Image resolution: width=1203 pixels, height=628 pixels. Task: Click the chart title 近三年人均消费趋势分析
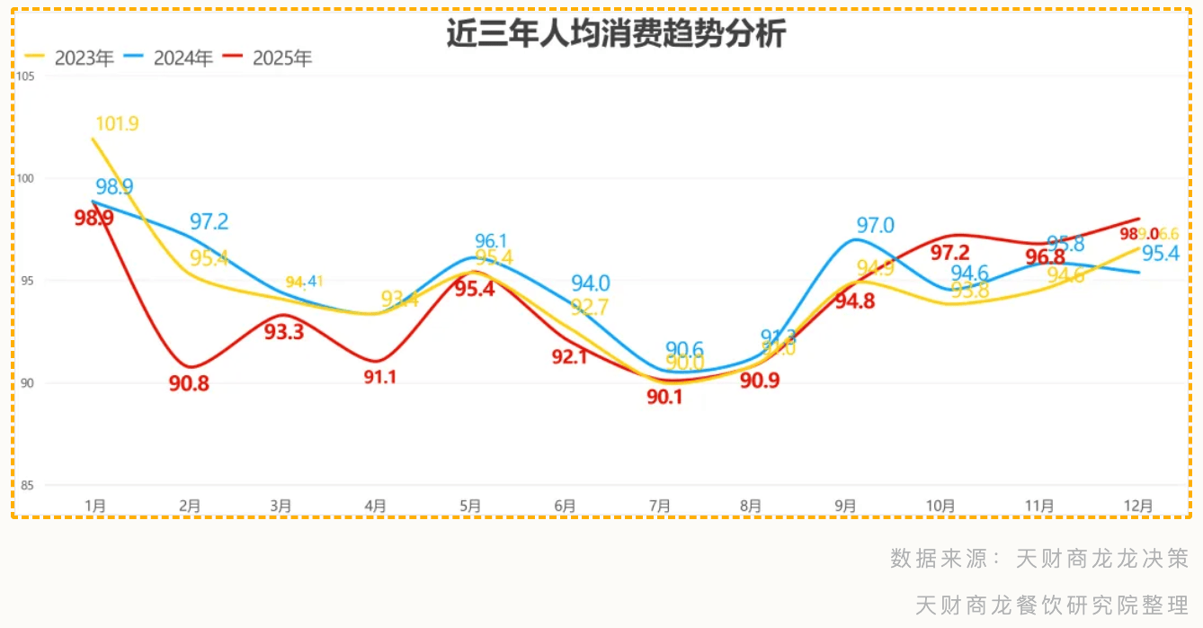(616, 34)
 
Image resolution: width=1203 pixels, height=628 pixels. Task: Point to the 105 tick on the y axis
(25, 76)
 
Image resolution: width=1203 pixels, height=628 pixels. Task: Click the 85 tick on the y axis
(26, 486)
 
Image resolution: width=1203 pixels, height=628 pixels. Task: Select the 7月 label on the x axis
(660, 507)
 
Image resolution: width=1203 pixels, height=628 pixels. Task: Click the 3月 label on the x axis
(281, 507)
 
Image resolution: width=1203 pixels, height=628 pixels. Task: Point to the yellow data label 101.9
(117, 124)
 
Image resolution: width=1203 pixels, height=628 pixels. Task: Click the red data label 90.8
(189, 383)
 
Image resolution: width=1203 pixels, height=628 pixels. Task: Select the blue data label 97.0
(875, 226)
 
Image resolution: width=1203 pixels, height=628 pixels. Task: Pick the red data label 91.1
(380, 378)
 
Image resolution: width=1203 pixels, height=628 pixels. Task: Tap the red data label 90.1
(664, 396)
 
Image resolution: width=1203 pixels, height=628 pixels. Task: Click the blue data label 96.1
(491, 241)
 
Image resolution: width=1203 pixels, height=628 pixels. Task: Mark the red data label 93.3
(284, 332)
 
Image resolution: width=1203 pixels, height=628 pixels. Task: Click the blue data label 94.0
(591, 284)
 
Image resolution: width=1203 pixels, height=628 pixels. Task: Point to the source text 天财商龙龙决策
(1103, 559)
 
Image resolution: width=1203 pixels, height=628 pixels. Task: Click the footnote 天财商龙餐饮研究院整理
(1052, 605)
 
